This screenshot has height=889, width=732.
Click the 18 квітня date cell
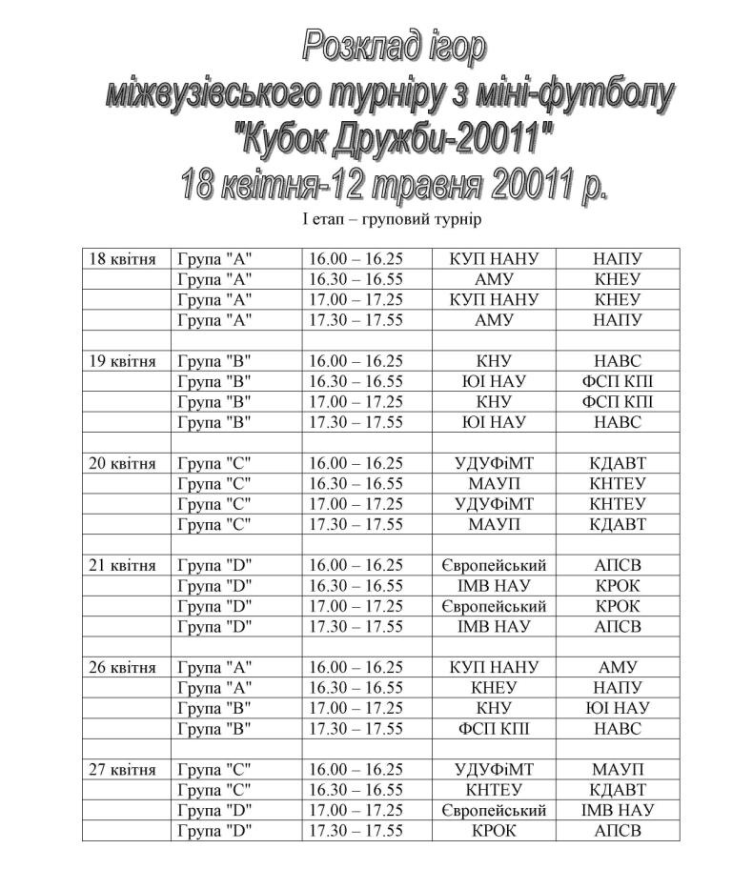coord(122,259)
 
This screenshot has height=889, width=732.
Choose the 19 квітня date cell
coord(122,361)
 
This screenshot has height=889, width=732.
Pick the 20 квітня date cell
coord(122,463)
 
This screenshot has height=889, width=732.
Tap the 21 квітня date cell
coord(122,565)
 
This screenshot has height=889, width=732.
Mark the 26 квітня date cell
coord(122,667)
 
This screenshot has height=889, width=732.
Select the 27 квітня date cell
coord(122,769)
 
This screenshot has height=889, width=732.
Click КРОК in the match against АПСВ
coord(494,830)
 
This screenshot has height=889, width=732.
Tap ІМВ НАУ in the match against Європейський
coord(617,810)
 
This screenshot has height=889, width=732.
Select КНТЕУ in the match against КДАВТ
coord(494,790)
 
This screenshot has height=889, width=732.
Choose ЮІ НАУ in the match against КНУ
coord(617,708)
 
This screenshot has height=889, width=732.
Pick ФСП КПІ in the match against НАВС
coord(494,729)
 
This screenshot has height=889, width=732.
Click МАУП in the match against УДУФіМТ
coord(617,769)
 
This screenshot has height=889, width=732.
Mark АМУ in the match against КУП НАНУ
coord(617,667)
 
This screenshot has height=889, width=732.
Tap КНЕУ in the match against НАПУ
coord(494,688)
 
